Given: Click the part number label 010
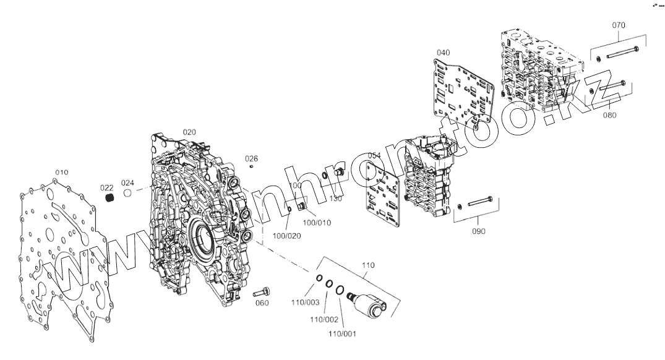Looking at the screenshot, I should coord(62,172).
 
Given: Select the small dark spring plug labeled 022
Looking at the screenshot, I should coord(109,198).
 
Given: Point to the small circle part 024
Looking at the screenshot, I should coord(128,193).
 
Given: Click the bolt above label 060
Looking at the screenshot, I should coord(262,291).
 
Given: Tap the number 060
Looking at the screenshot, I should coord(262,303).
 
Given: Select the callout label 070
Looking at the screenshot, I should coord(618,25).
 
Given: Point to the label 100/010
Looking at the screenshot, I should coord(319,222).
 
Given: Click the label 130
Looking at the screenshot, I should coord(335,199).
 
